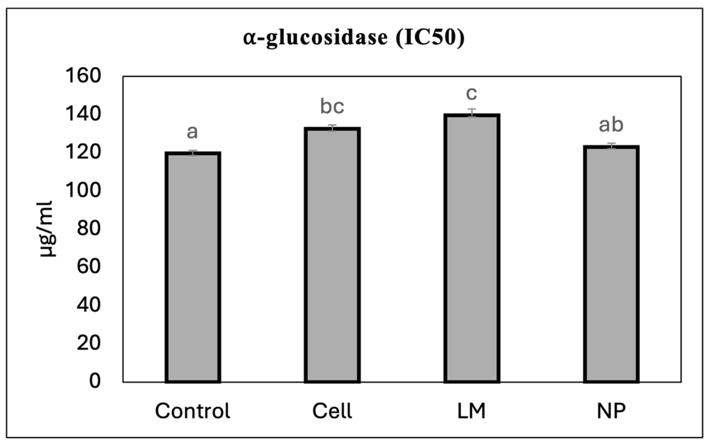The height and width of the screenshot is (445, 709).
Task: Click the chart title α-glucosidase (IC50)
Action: (354, 38)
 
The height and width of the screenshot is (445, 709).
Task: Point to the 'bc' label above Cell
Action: (332, 107)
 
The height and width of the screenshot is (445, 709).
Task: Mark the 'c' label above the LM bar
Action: (472, 93)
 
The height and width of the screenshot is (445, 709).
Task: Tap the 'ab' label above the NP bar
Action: (611, 125)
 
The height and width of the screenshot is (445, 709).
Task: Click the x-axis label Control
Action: (193, 411)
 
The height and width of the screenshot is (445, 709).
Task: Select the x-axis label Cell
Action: (332, 411)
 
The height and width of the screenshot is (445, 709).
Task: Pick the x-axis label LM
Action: (472, 411)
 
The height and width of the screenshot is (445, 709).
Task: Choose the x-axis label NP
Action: (611, 411)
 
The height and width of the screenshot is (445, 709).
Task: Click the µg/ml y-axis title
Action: (47, 229)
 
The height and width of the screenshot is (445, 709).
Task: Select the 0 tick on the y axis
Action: (95, 381)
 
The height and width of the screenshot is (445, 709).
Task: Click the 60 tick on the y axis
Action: (88, 267)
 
